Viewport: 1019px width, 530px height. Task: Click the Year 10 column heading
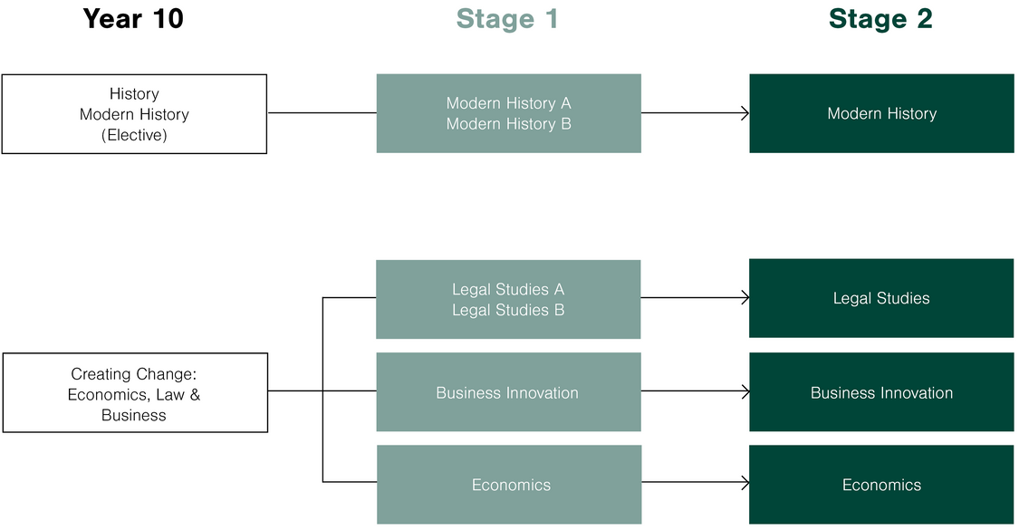pos(133,19)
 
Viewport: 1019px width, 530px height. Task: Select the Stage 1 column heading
pos(507,19)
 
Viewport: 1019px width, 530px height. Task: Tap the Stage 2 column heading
pos(880,19)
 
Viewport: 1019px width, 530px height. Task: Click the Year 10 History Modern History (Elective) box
pos(134,114)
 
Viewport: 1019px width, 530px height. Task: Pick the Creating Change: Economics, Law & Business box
pos(135,393)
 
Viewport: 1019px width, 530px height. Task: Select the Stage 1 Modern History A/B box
pos(508,113)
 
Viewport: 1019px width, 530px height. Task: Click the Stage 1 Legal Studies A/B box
pos(508,299)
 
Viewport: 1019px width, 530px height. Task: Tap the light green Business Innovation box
pos(508,392)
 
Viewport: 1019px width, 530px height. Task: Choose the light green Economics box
pos(508,485)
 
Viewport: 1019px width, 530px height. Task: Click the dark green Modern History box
pos(881,113)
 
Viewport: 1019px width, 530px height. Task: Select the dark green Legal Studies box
pos(881,298)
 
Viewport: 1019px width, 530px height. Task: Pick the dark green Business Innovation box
pos(881,392)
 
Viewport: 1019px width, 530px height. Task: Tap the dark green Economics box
pos(881,485)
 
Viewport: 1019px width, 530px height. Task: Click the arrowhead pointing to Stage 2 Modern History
pos(745,113)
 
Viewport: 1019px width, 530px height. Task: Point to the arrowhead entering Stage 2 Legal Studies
pos(745,298)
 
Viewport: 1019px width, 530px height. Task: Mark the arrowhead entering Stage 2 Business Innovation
pos(745,392)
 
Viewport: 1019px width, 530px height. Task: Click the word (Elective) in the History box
pos(134,135)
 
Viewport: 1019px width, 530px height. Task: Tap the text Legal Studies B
pos(508,310)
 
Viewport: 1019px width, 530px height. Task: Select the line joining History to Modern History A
pos(322,113)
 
